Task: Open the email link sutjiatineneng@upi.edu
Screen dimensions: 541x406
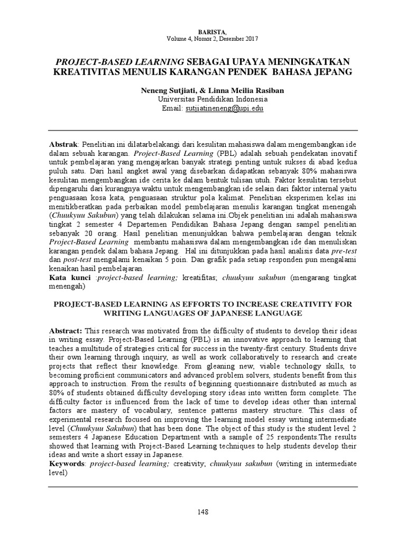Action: tap(224, 108)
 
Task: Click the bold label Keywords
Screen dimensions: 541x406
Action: tap(67, 463)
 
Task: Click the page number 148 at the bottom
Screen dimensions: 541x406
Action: tap(203, 512)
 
